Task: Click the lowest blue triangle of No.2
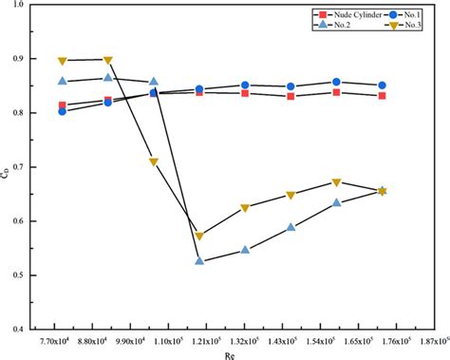[x=199, y=260]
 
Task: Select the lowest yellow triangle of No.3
[x=199, y=236]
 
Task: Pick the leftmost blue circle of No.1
[x=63, y=111]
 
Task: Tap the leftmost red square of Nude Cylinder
[x=63, y=105]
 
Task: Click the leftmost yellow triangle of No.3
[x=63, y=61]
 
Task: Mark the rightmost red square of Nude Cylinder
[x=382, y=96]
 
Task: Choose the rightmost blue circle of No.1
[x=382, y=85]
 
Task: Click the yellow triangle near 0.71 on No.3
[x=154, y=162]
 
